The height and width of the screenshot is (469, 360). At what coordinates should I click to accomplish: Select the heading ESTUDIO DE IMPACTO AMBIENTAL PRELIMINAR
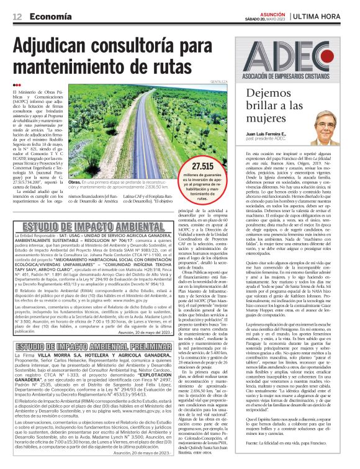[x=88, y=346]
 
